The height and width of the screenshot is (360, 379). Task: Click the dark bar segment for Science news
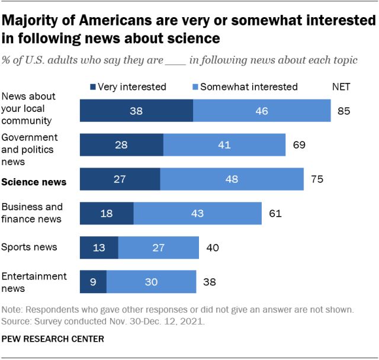[120, 179]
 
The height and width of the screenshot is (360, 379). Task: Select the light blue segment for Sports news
[159, 247]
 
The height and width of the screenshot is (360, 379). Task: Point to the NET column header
[341, 86]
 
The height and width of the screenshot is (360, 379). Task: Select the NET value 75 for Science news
[317, 179]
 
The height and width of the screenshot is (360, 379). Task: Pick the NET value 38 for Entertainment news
[208, 282]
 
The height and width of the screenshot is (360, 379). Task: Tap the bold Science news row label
[33, 183]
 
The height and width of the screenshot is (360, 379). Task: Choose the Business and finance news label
[32, 213]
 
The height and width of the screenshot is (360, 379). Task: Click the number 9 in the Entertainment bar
[93, 282]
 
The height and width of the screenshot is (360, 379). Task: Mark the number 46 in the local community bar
[261, 111]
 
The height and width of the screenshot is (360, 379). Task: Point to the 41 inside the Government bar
[224, 145]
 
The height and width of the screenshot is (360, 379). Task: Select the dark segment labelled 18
[107, 213]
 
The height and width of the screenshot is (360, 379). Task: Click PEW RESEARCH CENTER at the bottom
[53, 339]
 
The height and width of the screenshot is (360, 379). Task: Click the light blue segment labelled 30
[151, 282]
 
